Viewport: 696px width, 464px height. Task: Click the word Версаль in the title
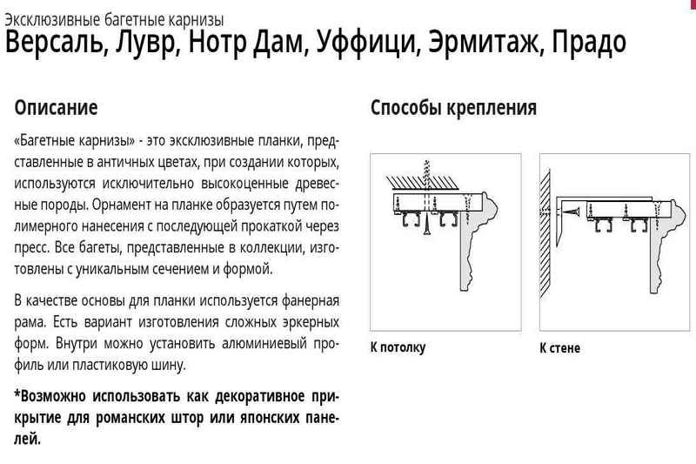57,42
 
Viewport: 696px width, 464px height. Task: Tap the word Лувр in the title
147,42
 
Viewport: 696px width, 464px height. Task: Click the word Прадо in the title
589,42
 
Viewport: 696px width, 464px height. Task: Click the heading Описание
56,108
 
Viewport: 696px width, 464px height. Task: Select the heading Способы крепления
453,108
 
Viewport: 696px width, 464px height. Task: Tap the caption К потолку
398,346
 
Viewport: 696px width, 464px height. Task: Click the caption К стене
559,347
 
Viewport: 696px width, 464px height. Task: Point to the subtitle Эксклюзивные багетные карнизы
114,20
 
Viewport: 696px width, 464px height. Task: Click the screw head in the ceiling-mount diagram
427,230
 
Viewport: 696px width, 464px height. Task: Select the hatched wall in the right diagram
545,233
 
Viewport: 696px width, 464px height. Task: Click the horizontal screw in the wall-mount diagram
571,212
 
